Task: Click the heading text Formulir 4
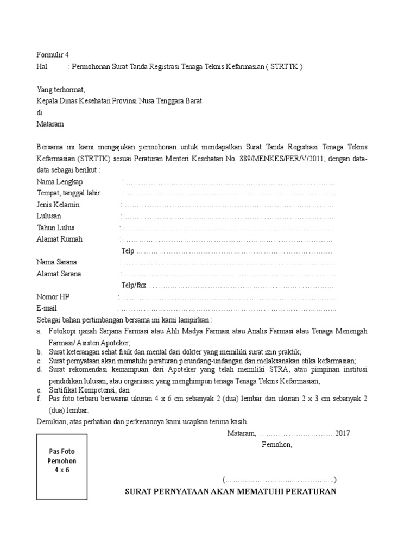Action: [53, 55]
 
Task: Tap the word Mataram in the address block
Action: [50, 124]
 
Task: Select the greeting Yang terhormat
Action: [61, 90]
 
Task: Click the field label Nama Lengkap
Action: [60, 181]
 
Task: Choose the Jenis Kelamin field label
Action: [58, 205]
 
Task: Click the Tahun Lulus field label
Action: [55, 228]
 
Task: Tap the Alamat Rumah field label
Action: [59, 239]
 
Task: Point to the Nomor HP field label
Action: [53, 297]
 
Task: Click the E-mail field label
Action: [47, 308]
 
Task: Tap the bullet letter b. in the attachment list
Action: [39, 352]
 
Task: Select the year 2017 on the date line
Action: [343, 433]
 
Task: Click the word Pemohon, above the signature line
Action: [277, 445]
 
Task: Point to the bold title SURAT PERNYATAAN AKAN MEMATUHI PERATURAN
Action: [231, 492]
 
